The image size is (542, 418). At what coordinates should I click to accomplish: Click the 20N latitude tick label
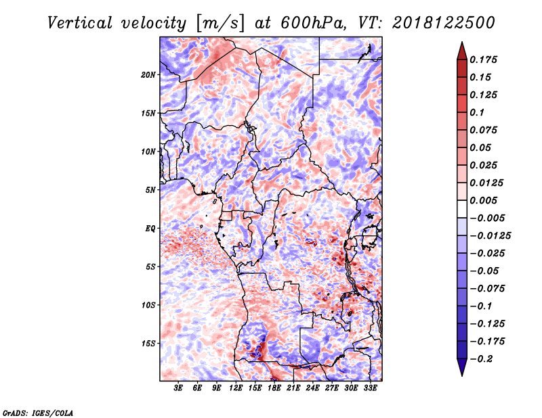coord(148,75)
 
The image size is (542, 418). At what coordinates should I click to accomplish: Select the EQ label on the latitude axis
coord(150,229)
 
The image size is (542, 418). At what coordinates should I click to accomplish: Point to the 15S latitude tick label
coord(148,344)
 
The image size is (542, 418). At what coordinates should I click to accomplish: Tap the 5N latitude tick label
coord(150,190)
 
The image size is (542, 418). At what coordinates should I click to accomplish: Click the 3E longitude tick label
coord(178,388)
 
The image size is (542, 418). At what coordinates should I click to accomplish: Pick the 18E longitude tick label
coord(274,388)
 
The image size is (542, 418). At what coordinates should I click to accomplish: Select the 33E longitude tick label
coord(370,388)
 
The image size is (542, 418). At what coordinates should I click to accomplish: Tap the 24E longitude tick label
coord(312,388)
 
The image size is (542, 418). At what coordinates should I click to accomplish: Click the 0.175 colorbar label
coord(483,60)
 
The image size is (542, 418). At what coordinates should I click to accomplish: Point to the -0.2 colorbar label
coord(481,359)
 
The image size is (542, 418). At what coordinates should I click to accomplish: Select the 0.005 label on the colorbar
coord(483,200)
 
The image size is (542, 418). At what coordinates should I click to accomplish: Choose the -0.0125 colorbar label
coord(490,236)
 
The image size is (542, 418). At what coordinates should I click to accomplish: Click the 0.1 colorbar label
coord(477,112)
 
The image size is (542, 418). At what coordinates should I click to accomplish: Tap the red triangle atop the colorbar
coord(462,51)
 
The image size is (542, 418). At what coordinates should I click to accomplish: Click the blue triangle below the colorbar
coord(462,367)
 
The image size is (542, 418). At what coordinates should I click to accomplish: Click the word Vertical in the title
coord(79,23)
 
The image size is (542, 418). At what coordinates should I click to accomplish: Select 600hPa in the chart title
coord(313,23)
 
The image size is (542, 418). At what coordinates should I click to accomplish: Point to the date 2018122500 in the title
coord(444,23)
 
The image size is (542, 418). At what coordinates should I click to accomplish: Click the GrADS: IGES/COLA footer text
coord(38,413)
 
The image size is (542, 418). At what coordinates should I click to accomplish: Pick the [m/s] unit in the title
coord(220,24)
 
